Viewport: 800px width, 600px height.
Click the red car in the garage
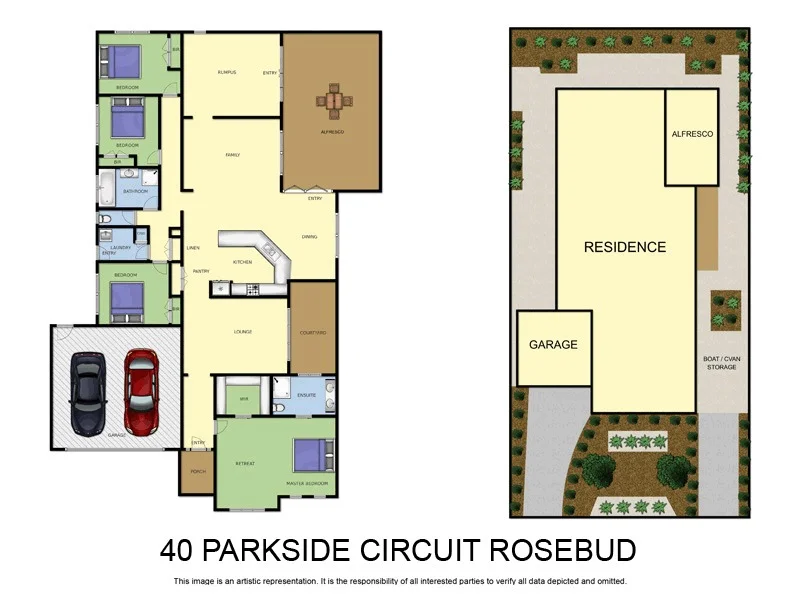click(x=140, y=391)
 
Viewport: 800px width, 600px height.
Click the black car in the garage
click(x=88, y=395)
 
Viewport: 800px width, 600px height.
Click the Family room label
click(x=232, y=155)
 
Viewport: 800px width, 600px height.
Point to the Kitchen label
click(x=242, y=261)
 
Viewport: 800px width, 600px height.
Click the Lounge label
click(x=242, y=332)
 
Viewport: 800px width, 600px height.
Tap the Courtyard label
click(x=313, y=332)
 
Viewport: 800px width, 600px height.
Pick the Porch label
click(x=197, y=471)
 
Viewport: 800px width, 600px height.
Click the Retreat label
click(x=244, y=463)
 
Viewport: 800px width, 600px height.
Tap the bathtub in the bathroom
click(x=108, y=183)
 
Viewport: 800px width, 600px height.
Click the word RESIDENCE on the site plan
click(x=625, y=247)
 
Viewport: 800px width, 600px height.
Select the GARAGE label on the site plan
click(x=553, y=345)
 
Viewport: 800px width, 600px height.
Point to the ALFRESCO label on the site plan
click(x=692, y=134)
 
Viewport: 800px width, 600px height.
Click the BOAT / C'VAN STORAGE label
click(x=721, y=363)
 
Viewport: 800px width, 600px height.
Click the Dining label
click(x=310, y=237)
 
